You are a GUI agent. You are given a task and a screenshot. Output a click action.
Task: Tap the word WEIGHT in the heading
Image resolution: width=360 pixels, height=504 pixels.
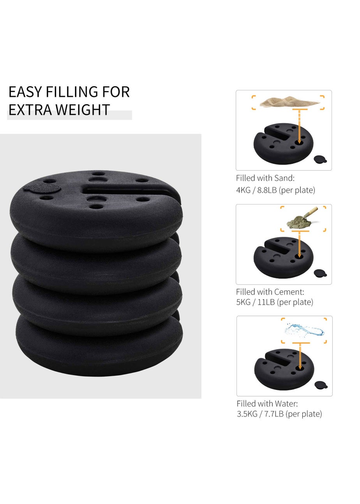click(84, 110)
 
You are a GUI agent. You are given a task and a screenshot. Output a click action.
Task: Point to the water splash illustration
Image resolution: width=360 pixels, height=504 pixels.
click(304, 330)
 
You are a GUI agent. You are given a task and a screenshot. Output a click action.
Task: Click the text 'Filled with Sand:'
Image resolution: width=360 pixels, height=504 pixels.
click(265, 178)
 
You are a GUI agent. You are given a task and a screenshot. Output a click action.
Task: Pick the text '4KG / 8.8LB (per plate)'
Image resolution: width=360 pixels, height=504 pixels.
click(275, 190)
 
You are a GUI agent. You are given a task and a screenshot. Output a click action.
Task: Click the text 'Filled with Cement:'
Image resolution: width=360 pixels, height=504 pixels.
click(270, 292)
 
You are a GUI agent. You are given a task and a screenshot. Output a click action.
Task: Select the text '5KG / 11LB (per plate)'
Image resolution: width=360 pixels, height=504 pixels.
click(274, 302)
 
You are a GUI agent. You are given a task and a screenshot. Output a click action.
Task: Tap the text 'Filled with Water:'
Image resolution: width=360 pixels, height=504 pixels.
click(267, 404)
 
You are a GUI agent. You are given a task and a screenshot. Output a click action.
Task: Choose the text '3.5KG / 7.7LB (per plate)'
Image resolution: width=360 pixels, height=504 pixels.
click(279, 414)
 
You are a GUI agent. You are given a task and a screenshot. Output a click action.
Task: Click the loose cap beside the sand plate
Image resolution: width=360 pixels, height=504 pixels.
click(320, 159)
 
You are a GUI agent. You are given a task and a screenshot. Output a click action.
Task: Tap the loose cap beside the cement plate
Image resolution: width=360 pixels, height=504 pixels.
click(320, 273)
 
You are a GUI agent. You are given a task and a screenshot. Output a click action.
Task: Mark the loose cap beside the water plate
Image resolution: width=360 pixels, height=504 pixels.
click(321, 385)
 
